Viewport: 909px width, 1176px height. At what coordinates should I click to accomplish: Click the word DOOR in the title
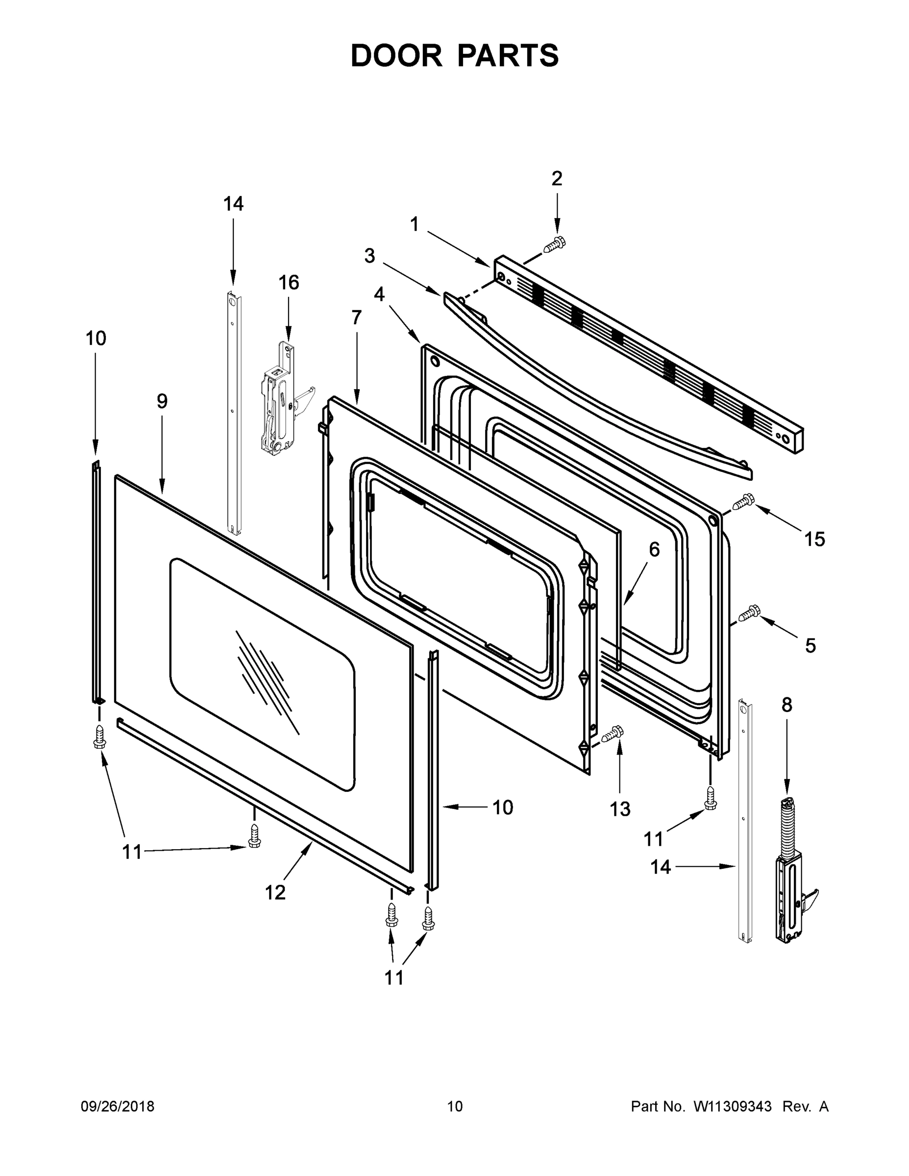click(x=396, y=56)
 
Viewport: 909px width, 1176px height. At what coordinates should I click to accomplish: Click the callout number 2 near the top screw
click(x=557, y=179)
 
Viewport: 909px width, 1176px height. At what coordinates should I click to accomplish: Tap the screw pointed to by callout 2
click(x=554, y=245)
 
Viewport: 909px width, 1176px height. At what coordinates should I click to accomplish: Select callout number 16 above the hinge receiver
click(x=289, y=283)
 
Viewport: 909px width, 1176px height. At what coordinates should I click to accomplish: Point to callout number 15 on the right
click(x=814, y=539)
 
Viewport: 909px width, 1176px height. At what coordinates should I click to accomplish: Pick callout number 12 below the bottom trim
click(x=275, y=893)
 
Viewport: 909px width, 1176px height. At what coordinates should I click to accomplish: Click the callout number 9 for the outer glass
click(x=162, y=401)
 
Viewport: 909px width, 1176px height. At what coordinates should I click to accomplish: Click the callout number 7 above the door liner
click(x=356, y=318)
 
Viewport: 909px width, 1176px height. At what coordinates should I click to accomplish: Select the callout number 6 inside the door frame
click(x=654, y=550)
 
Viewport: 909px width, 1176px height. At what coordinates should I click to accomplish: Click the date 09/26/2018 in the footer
click(x=118, y=1106)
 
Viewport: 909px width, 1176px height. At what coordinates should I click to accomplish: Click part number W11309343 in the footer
click(x=733, y=1106)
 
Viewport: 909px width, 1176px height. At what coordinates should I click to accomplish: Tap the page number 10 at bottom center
click(x=455, y=1106)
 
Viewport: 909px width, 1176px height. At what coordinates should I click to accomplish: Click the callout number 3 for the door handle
click(x=369, y=256)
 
